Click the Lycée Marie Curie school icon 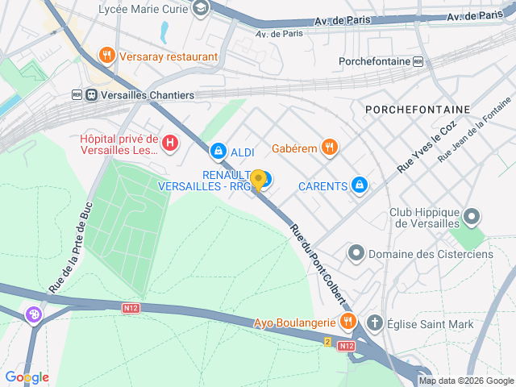pos(201,9)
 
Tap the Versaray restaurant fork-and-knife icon pos(107,56)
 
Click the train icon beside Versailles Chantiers pos(91,95)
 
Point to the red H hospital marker pos(170,144)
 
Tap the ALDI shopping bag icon pos(218,151)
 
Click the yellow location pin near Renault pos(258,180)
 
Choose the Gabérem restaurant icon pos(329,148)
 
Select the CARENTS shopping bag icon pos(360,186)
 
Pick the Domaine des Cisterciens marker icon pos(356,254)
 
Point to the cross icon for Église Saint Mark pos(374,322)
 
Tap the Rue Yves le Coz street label pos(427,146)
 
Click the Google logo pos(27,377)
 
